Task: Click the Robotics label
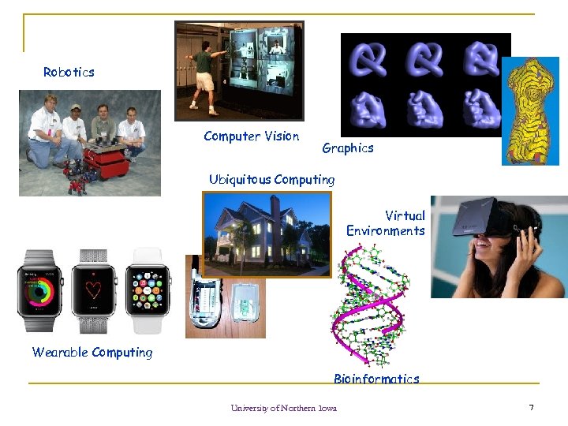pos(69,72)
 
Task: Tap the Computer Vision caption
pos(251,136)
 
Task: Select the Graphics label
pos(347,148)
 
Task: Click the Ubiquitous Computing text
pos(271,179)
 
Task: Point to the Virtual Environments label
pos(386,223)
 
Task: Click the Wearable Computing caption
pos(92,352)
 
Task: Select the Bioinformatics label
pos(376,379)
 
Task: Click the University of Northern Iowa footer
pos(283,408)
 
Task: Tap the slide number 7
pos(531,407)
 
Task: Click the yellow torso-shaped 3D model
pos(530,110)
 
